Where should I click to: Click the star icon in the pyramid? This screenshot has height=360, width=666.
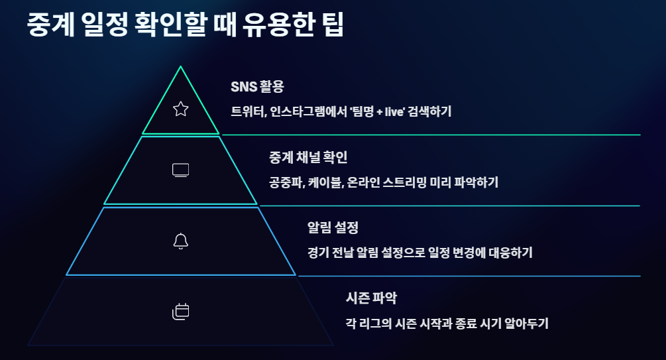180,109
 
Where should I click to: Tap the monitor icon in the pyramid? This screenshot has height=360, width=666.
180,170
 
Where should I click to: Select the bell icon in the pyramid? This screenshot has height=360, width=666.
180,241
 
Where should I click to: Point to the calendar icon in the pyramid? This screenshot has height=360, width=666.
180,311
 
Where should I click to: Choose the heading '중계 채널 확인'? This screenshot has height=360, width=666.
308,157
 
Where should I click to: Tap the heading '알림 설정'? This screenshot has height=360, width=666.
333,227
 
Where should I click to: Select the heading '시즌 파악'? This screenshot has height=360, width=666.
371,298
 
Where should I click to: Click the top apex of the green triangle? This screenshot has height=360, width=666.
180,67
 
